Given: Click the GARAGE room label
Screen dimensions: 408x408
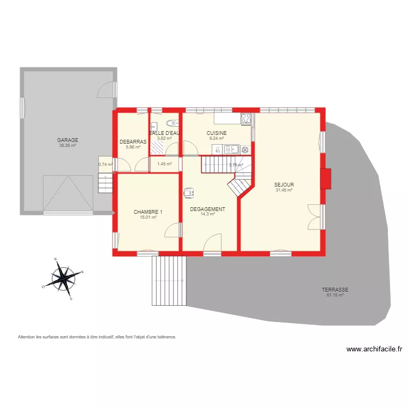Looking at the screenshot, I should [67, 140].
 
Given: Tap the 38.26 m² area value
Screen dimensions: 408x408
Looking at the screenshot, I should [67, 145].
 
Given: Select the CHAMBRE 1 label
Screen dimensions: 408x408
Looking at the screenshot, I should [148, 212].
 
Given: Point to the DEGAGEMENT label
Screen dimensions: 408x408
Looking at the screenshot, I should [207, 209].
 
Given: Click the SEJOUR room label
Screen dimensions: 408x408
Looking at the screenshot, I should [284, 185].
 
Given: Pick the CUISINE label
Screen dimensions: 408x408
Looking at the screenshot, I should [217, 133].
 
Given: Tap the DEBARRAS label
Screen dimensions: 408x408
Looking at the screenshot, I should [133, 141].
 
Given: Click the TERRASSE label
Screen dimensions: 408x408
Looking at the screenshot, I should [335, 290].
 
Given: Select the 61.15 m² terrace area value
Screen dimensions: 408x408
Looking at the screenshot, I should [335, 295].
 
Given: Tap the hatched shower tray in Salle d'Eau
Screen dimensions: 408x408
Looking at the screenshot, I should [158, 143].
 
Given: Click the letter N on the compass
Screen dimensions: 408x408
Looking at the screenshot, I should [55, 259].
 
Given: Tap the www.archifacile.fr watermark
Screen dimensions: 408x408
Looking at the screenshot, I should [374, 350].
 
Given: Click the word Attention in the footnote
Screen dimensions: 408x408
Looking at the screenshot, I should [28, 337].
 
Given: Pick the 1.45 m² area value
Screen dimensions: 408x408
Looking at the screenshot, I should [164, 164].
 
